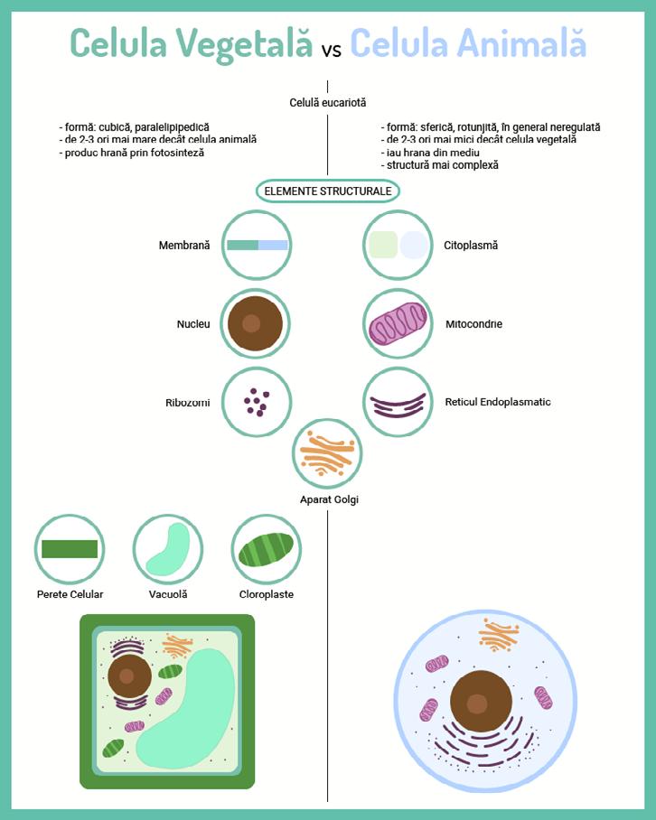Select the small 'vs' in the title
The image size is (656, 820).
pyautogui.click(x=331, y=50)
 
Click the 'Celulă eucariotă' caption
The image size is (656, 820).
pyautogui.click(x=327, y=103)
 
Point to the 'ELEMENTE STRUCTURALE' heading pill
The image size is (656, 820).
pyautogui.click(x=328, y=191)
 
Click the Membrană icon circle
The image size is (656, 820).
pyautogui.click(x=258, y=245)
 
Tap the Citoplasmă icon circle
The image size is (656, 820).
pyautogui.click(x=398, y=245)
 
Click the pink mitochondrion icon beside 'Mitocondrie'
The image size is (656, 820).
pyautogui.click(x=398, y=323)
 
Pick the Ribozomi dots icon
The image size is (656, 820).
pyautogui.click(x=257, y=402)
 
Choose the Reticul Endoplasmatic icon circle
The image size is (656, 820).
pyautogui.click(x=398, y=402)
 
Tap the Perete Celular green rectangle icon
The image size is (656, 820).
pyautogui.click(x=70, y=549)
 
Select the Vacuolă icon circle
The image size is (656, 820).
pyautogui.click(x=167, y=549)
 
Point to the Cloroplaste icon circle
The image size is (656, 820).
pyautogui.click(x=266, y=549)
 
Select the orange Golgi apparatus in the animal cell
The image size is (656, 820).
pyautogui.click(x=499, y=634)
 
